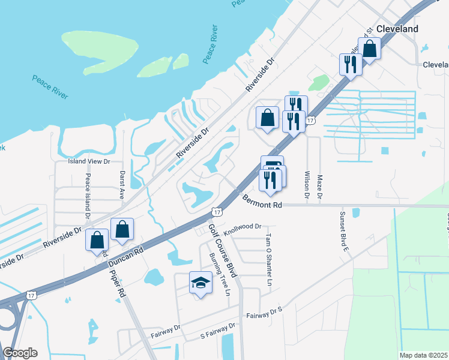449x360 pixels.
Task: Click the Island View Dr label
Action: coord(89,161)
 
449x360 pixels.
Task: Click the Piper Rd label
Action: coord(117,283)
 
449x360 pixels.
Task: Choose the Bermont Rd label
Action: coord(262,205)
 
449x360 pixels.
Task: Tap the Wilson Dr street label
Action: coord(307,185)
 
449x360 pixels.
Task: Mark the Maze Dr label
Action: coord(320,187)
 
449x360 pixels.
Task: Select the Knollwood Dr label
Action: coord(243,227)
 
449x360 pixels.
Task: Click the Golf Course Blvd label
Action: coord(223,251)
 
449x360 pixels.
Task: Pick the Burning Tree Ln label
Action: coord(219,274)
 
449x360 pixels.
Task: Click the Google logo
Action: coord(20,353)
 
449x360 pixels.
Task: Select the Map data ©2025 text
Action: coord(424,355)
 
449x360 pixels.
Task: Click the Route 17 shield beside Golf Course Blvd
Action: coord(217,212)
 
